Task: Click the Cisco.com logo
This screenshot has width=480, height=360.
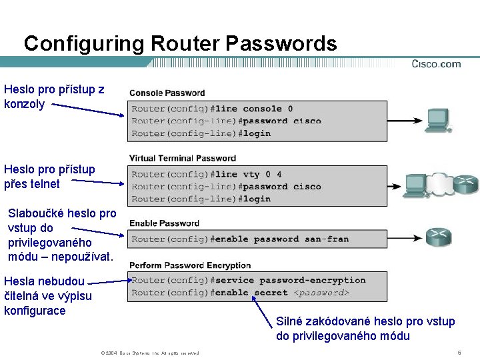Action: tap(436, 64)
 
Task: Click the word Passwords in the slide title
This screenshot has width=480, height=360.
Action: tap(281, 44)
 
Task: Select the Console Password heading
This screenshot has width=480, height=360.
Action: tap(167, 93)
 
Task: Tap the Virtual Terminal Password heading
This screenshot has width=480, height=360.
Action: tap(183, 158)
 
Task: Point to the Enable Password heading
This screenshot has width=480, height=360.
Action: tap(164, 223)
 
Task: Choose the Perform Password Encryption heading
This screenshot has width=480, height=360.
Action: tap(190, 265)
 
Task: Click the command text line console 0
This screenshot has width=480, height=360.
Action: tap(254, 109)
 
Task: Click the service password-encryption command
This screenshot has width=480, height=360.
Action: tap(290, 280)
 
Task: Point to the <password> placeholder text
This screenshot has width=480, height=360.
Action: tap(321, 293)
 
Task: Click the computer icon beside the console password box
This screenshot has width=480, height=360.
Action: tap(438, 120)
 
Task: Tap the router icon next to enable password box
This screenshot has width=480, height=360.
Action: tap(438, 237)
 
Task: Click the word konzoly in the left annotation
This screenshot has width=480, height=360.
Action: tap(25, 104)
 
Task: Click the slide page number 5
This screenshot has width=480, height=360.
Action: tap(459, 352)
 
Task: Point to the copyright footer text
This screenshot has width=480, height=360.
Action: tap(149, 353)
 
